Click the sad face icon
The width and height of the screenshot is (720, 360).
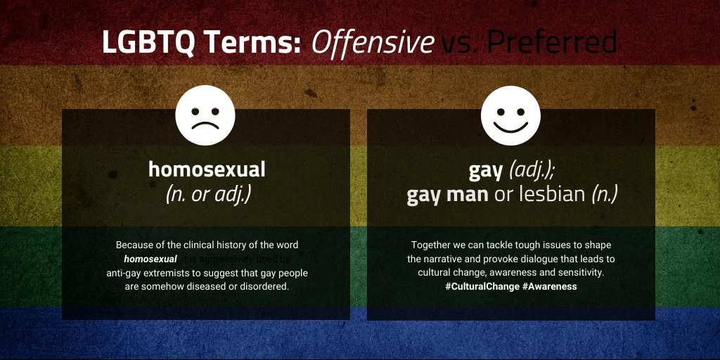pos(205,116)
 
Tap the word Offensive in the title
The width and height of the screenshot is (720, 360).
pos(373,43)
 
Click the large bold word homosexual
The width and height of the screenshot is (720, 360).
pos(207,169)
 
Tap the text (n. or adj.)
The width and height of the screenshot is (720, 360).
pos(207,194)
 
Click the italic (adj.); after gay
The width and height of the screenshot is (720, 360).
pos(532,169)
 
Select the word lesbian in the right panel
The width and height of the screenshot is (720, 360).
pos(551,194)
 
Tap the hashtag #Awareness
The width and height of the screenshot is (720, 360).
pos(549,287)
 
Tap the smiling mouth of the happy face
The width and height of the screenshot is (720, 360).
pos(510,127)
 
